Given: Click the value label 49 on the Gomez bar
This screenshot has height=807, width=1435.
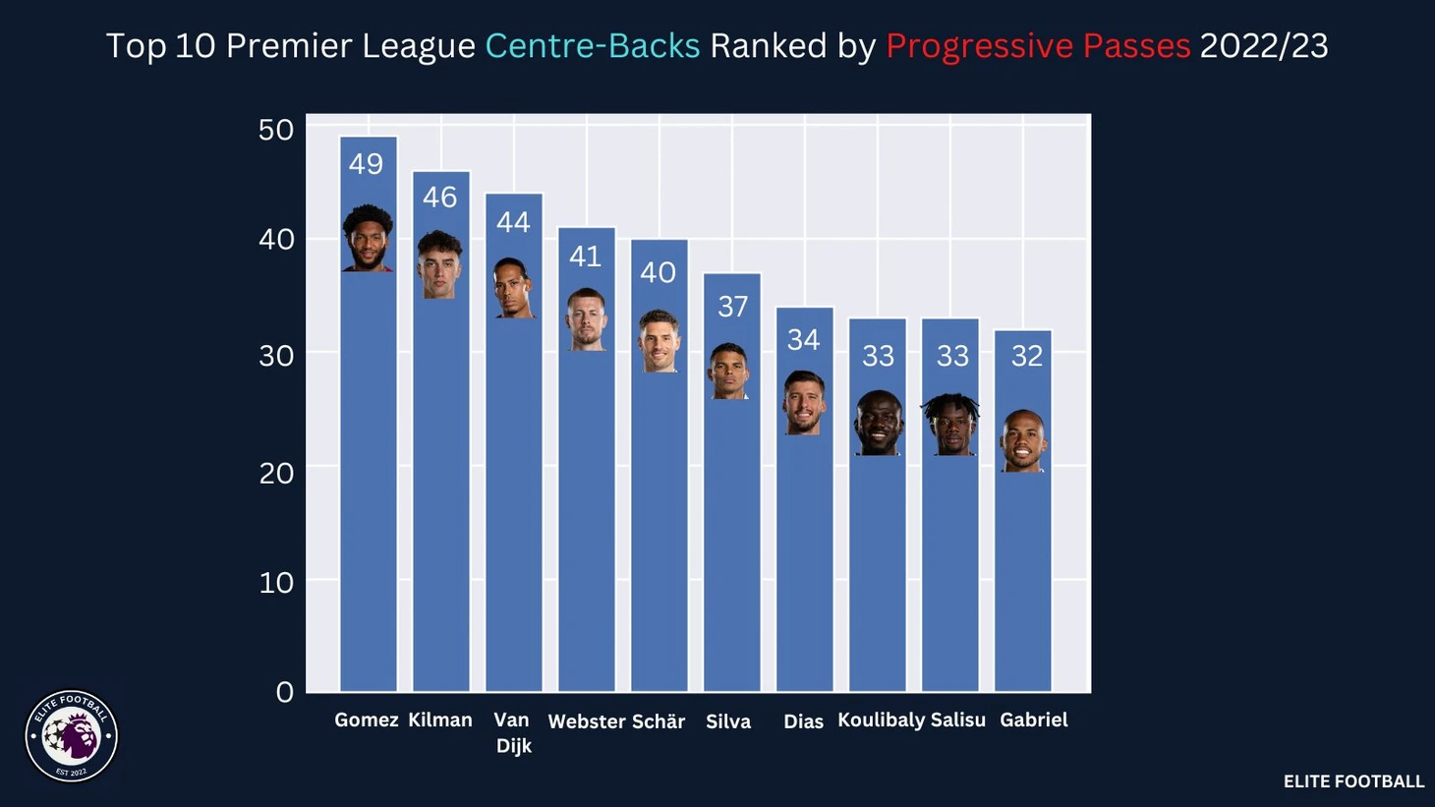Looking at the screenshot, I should point(366,164).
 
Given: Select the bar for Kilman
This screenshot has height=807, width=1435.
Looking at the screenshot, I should point(440,491).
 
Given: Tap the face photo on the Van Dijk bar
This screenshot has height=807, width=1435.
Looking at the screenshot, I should point(512,288).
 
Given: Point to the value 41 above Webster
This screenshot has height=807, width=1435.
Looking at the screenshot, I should point(585,257).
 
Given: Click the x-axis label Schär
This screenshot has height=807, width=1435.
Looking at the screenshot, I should point(658,721).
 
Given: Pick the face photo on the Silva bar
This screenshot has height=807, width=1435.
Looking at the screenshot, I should point(729,371).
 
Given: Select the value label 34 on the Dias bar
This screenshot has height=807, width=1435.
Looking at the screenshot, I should point(803,340).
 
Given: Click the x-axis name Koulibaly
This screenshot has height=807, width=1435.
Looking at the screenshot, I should point(881,721).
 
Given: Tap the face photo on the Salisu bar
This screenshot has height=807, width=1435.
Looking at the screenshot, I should point(950,425).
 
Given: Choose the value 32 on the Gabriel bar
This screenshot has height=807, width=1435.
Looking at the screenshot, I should point(1026,356).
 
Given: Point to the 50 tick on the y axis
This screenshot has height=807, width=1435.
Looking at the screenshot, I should point(276,130).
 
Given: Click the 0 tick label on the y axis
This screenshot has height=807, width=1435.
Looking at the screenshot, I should point(284,692).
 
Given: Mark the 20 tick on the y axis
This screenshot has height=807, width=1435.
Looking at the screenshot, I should point(276,473).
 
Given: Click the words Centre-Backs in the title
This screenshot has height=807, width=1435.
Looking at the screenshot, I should point(592,46).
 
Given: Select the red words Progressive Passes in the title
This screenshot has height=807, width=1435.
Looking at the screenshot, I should point(1038,46).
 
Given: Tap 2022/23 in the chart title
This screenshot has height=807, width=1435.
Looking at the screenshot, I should point(1263,46).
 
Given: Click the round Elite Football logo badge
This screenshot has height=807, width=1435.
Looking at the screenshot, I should point(71,736).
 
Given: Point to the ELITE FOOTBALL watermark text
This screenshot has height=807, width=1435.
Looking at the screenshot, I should point(1352,781).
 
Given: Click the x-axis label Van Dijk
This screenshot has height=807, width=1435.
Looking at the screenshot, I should point(512,733).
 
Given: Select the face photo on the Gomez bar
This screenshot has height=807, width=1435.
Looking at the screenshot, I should point(368,238).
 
